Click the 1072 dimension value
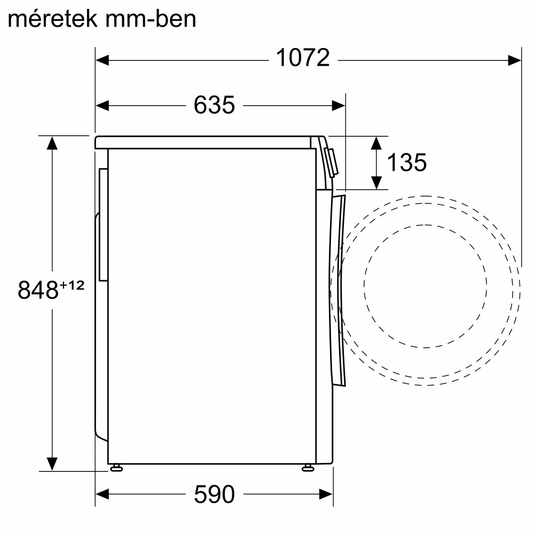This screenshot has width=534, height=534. pos(303,58)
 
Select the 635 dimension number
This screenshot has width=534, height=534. pos(214,105)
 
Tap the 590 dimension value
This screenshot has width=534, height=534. pos(214,494)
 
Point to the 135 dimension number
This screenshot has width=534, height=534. pos(406,162)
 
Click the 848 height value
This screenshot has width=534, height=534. pos(38,290)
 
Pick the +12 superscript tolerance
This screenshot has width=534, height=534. pos(72,285)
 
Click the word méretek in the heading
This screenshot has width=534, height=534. pos(53,19)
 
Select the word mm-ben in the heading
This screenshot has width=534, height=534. pos(151,19)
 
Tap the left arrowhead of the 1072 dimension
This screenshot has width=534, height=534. pos(102,61)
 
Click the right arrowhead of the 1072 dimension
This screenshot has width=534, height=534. pos(514,61)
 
